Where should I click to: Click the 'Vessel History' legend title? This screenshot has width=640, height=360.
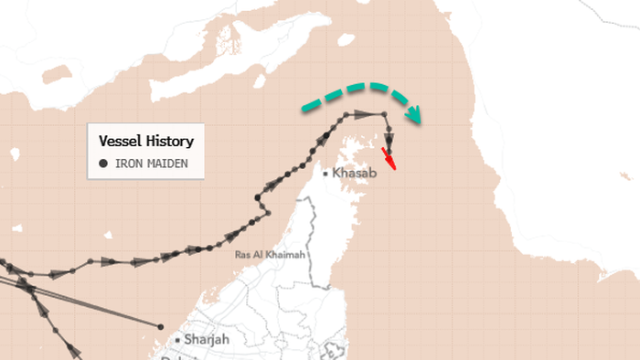tap(145, 142)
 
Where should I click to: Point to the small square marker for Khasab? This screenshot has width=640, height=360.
tap(326, 172)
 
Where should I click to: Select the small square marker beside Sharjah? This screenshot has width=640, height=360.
tap(177, 339)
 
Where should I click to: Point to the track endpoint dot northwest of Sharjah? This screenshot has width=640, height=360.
tap(161, 326)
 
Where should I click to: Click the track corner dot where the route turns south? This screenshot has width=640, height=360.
tap(386, 114)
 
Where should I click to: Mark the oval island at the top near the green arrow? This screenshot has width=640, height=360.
tap(346, 39)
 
